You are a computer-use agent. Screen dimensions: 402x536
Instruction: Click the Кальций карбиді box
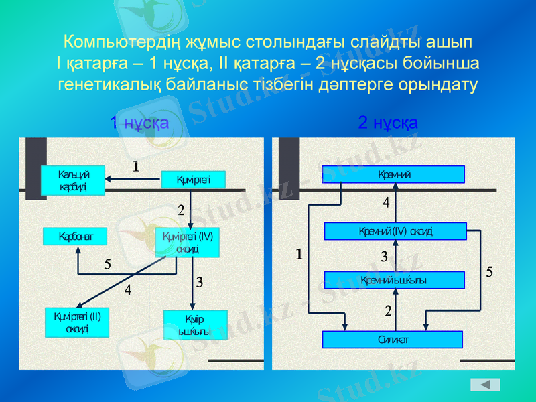[73, 180]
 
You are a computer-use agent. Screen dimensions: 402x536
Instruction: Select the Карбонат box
[74, 237]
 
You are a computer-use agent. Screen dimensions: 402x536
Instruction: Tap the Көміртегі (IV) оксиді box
[187, 242]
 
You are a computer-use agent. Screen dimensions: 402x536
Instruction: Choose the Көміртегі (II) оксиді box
[77, 322]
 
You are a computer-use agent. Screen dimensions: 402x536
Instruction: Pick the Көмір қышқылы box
[195, 325]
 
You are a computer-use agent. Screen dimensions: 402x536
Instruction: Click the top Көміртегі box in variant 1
[193, 179]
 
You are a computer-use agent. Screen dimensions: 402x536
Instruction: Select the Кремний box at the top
[393, 174]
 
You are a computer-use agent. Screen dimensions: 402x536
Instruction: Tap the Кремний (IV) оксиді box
[395, 231]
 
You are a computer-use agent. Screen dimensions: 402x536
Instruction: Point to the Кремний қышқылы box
[394, 280]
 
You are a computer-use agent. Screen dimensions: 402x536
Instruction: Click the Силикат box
[393, 340]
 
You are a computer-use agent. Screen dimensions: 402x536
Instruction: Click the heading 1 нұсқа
[139, 123]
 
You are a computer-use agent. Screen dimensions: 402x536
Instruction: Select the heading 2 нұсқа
[388, 123]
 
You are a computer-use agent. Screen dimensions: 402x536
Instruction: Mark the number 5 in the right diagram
[490, 272]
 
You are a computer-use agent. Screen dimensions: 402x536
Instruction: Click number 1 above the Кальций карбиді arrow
[136, 165]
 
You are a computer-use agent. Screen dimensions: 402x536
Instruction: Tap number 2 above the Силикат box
[388, 312]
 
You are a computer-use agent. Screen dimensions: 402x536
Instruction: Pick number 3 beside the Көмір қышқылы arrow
[200, 283]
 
